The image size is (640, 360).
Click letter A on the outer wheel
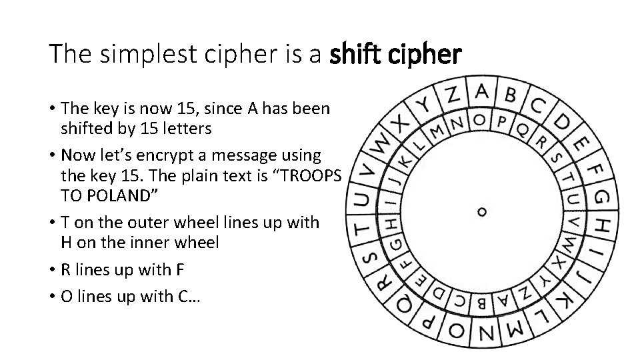(483, 91)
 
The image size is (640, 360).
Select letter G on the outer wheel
(601, 198)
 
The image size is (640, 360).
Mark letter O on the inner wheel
(479, 120)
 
